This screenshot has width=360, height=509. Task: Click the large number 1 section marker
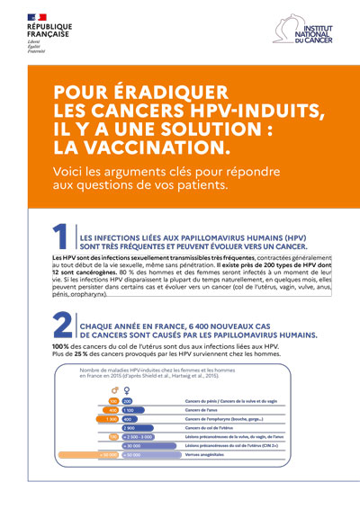(x=61, y=237)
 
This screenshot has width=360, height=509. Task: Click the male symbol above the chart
(x=115, y=390)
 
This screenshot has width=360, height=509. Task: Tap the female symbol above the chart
(x=128, y=390)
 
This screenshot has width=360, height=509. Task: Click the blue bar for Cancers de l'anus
(x=129, y=410)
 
